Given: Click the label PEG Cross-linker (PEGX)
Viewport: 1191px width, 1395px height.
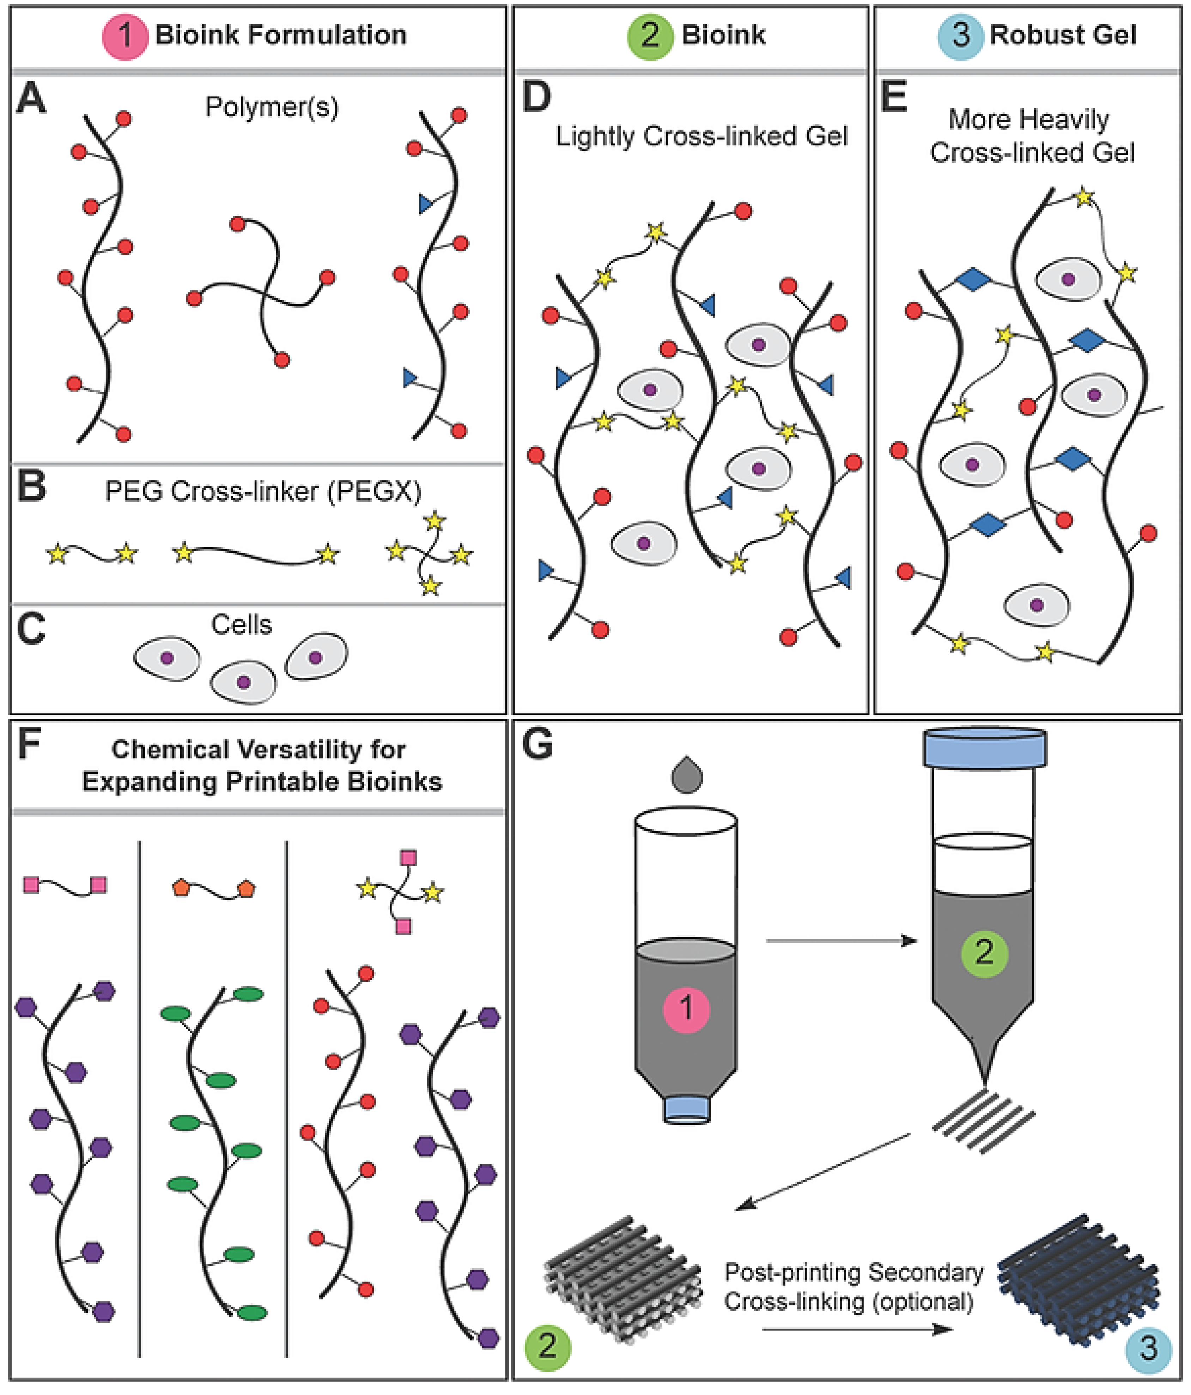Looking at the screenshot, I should (x=263, y=491).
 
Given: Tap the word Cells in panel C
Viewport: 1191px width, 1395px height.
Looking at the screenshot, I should (x=241, y=625).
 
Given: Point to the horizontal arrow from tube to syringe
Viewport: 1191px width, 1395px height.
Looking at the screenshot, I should (x=841, y=941).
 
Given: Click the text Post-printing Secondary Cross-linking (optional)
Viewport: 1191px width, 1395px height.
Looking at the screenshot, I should (x=853, y=1287).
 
